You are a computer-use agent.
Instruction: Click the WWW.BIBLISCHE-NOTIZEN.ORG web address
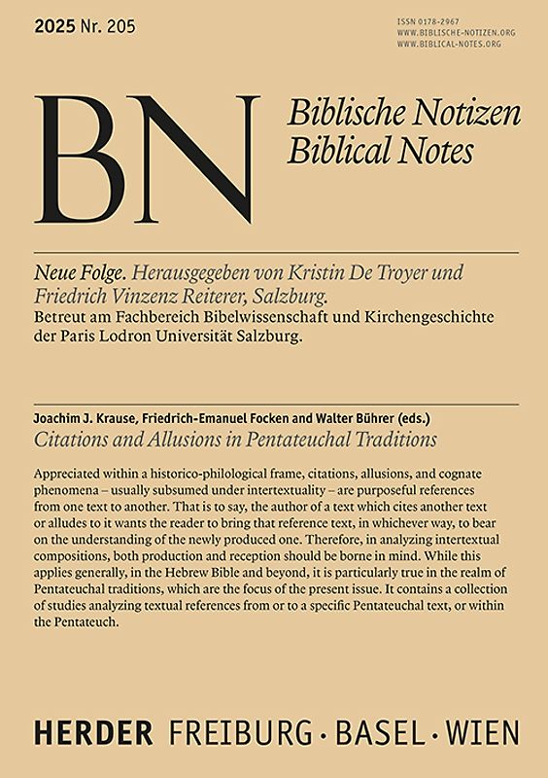(456, 32)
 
